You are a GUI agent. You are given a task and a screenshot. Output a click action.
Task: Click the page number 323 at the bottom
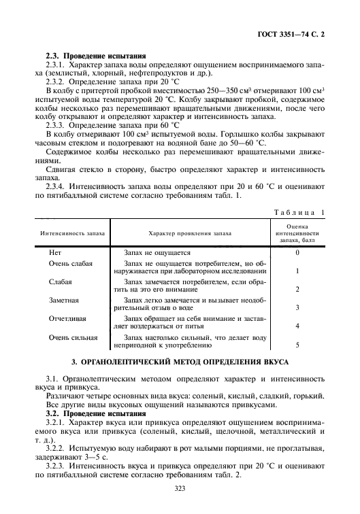pos(180,488)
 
